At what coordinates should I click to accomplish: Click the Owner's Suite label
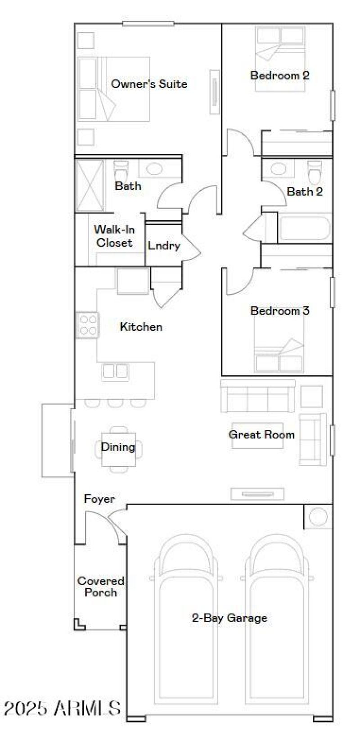(x=149, y=84)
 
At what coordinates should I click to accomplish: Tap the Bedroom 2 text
(x=279, y=75)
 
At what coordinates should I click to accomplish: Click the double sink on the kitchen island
(x=115, y=371)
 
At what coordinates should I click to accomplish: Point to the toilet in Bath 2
(x=315, y=171)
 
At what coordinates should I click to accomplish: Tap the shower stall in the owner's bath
(x=90, y=185)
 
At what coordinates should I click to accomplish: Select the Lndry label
(x=163, y=246)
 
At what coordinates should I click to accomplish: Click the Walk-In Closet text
(x=114, y=236)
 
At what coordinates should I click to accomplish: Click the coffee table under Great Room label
(x=257, y=435)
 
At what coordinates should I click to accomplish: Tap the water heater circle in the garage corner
(x=319, y=517)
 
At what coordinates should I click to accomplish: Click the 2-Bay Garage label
(x=229, y=618)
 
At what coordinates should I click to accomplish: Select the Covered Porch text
(x=100, y=587)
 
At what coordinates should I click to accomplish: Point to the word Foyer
(x=99, y=499)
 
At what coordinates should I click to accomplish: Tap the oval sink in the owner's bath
(x=154, y=169)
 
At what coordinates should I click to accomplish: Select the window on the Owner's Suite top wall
(x=148, y=23)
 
